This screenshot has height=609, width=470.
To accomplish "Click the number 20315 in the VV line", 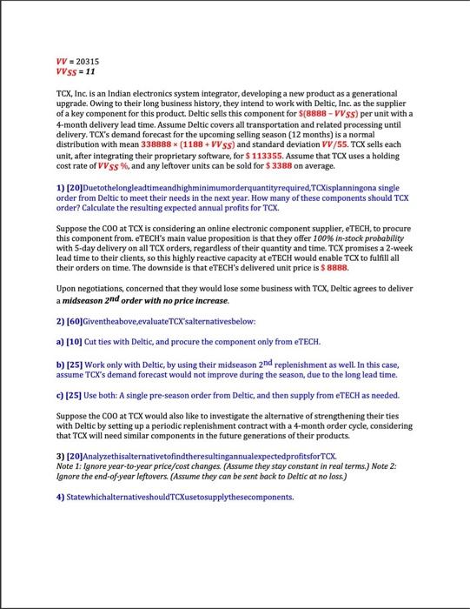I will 88,62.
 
